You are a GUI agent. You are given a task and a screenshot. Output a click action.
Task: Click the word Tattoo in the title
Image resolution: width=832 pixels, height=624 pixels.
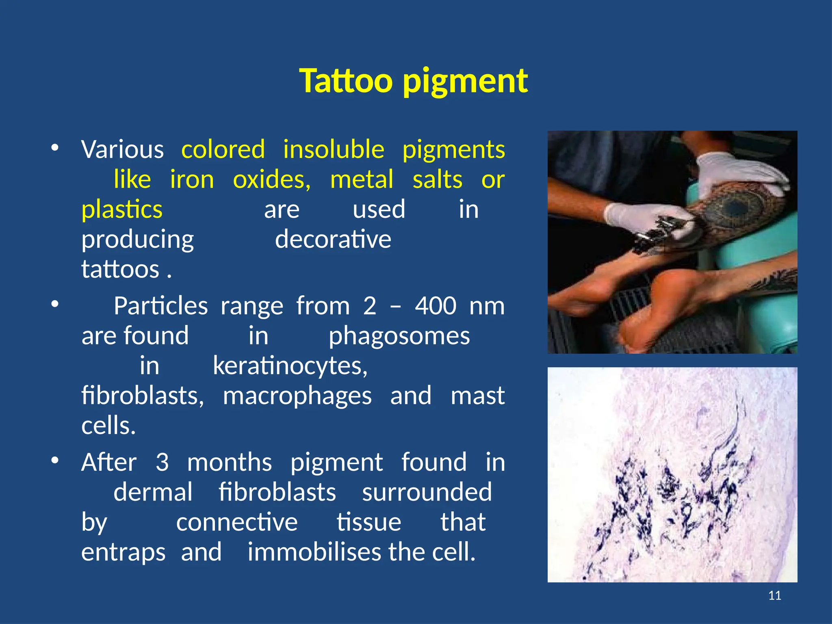pos(346,81)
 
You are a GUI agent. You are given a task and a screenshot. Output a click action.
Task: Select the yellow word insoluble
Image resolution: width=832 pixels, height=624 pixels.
pos(334,149)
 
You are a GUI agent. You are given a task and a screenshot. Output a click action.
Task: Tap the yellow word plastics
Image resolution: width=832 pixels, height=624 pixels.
pos(122,210)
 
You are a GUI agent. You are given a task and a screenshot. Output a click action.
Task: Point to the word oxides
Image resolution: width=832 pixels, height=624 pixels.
pos(271,180)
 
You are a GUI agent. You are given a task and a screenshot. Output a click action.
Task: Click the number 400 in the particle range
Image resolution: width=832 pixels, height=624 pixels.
pos(435,306)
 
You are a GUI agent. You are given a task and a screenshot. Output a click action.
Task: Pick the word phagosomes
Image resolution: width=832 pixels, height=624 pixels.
pos(399,336)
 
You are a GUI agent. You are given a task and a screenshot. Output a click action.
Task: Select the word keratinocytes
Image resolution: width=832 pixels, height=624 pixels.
pos(290,366)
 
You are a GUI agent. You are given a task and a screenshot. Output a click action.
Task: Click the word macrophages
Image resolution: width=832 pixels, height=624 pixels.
pos(297,396)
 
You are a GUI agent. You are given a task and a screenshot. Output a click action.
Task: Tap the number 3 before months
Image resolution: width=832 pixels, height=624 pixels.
pos(162,462)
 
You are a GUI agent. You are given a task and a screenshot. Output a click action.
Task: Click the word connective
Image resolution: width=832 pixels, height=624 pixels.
pos(237,522)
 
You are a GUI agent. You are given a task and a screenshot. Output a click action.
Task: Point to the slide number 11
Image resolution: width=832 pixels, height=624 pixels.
pos(775,596)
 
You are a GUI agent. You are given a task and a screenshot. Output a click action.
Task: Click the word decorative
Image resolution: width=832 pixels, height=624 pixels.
pos(333,239)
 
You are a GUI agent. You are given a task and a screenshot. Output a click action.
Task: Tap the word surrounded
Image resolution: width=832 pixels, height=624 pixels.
pos(427,492)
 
